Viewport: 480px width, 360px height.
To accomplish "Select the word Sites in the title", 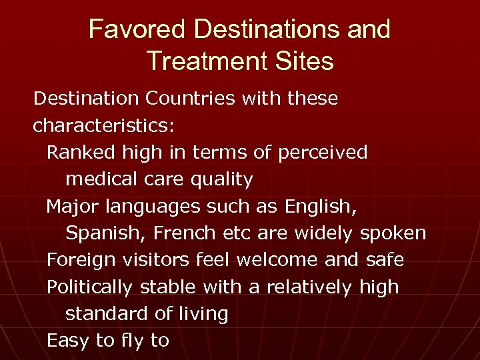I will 304,61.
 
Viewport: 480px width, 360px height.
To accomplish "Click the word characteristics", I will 104,125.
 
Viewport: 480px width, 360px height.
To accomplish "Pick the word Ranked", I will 81,152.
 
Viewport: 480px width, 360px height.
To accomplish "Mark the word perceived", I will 323,152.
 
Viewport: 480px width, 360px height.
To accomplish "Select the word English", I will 321,207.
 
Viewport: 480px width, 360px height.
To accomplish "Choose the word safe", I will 385,259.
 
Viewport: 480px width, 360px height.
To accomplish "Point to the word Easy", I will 69,341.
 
